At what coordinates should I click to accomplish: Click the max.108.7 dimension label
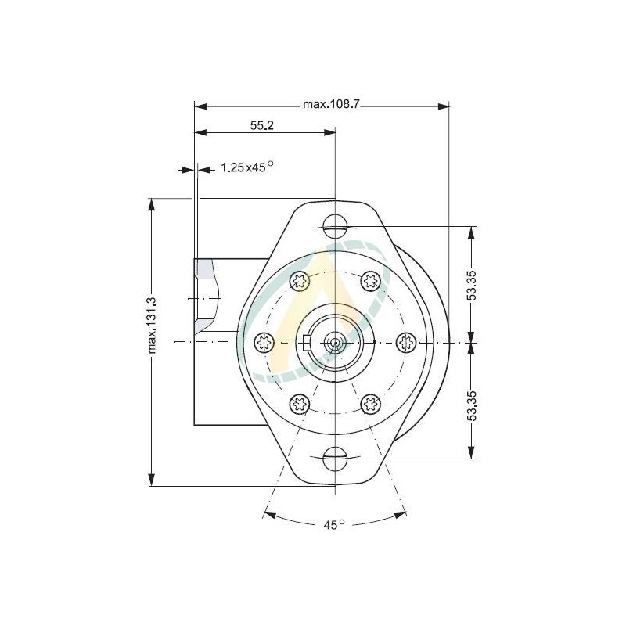(330, 104)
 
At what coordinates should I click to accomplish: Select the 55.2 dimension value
(261, 126)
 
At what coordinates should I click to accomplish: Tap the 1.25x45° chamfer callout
(246, 167)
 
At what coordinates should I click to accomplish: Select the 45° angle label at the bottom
(334, 525)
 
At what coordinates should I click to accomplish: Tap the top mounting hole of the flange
(335, 226)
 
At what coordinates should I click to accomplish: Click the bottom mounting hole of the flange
(335, 456)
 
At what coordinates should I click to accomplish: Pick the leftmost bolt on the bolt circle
(264, 341)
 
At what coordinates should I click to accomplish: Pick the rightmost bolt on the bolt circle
(406, 341)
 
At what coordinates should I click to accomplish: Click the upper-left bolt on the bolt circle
(299, 280)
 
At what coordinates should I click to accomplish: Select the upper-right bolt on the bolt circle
(370, 280)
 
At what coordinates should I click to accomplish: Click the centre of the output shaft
(335, 342)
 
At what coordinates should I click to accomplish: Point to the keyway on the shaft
(307, 341)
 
